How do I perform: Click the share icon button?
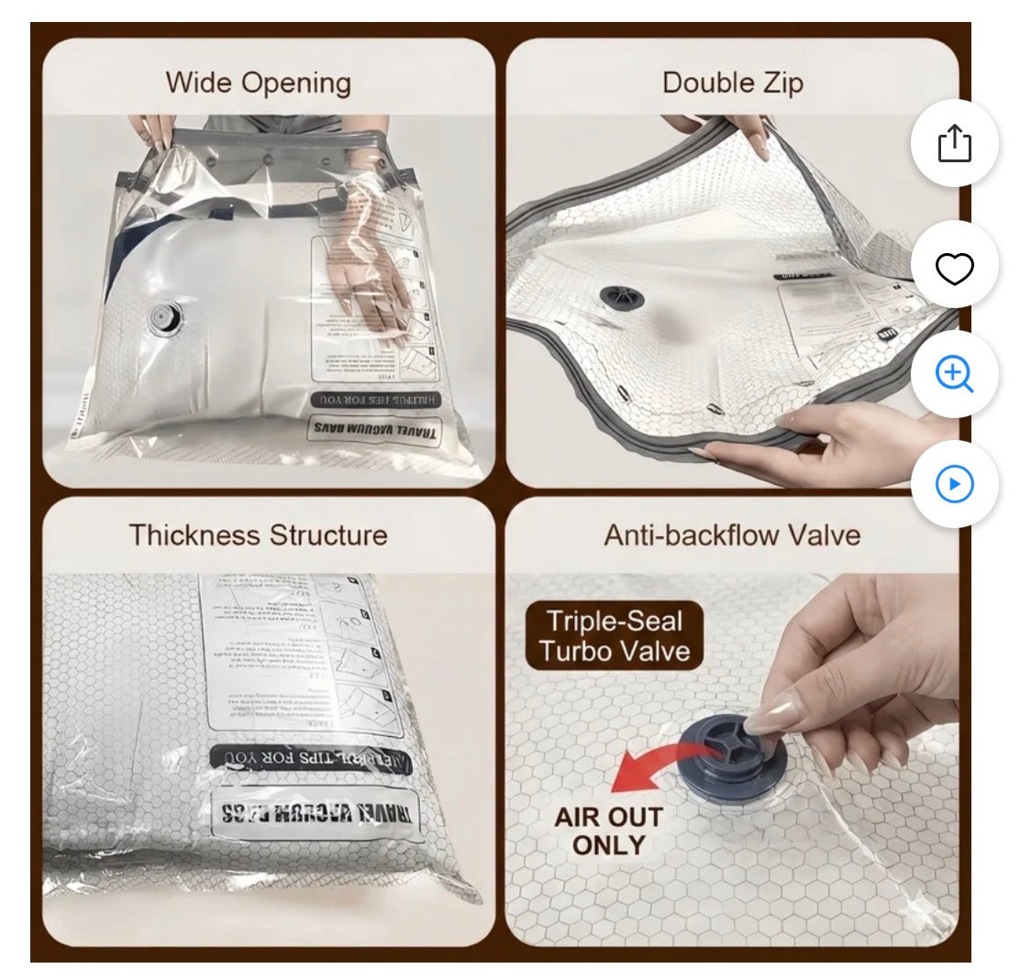(954, 144)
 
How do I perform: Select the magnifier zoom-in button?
(954, 374)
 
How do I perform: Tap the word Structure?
(328, 534)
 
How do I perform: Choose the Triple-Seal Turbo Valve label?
(615, 636)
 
